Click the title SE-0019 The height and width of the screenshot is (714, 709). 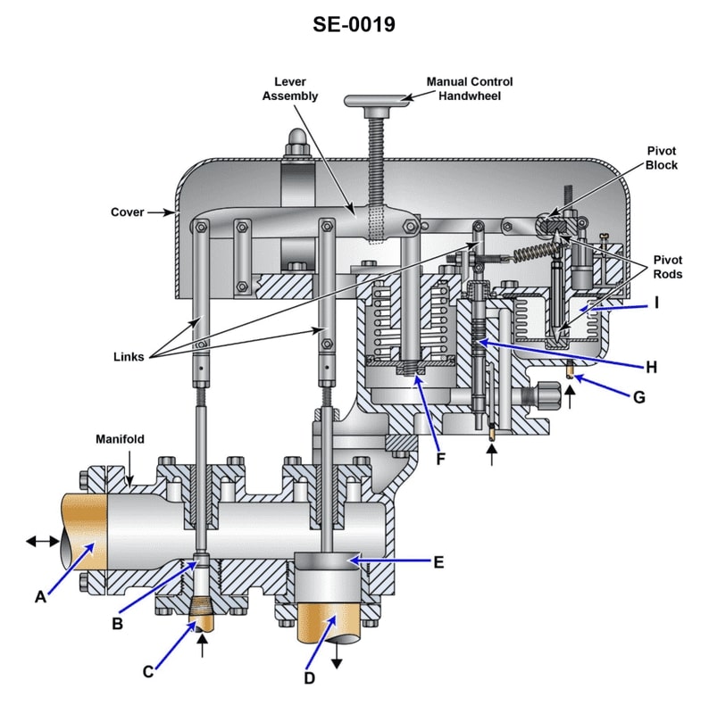point(354,24)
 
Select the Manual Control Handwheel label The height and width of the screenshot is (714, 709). point(470,88)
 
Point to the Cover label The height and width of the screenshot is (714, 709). point(128,212)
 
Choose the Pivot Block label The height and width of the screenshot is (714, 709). point(662,159)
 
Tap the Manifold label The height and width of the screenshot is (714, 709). point(121,439)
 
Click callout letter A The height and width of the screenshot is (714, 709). point(39,597)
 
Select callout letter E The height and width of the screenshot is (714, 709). point(438,562)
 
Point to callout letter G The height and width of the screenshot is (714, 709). point(638,396)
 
